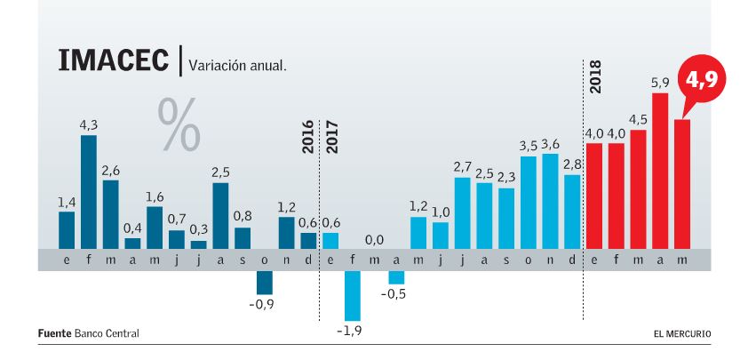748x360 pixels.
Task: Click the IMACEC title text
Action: [114, 61]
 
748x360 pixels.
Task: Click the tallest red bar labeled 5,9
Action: [659, 169]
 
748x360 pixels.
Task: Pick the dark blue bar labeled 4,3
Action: [89, 191]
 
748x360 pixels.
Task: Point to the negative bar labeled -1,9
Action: [353, 295]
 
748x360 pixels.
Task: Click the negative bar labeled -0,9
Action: [265, 282]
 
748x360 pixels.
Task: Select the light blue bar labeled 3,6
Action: [550, 200]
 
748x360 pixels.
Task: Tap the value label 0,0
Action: [374, 240]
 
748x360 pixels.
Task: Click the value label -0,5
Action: [396, 294]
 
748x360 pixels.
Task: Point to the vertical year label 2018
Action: [594, 76]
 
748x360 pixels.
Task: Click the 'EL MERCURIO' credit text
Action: [682, 333]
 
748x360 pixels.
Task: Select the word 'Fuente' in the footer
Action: [53, 333]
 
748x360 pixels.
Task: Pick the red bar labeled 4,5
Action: [638, 188]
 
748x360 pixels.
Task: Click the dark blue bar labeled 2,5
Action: [221, 215]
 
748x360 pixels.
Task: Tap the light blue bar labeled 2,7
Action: [462, 212]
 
